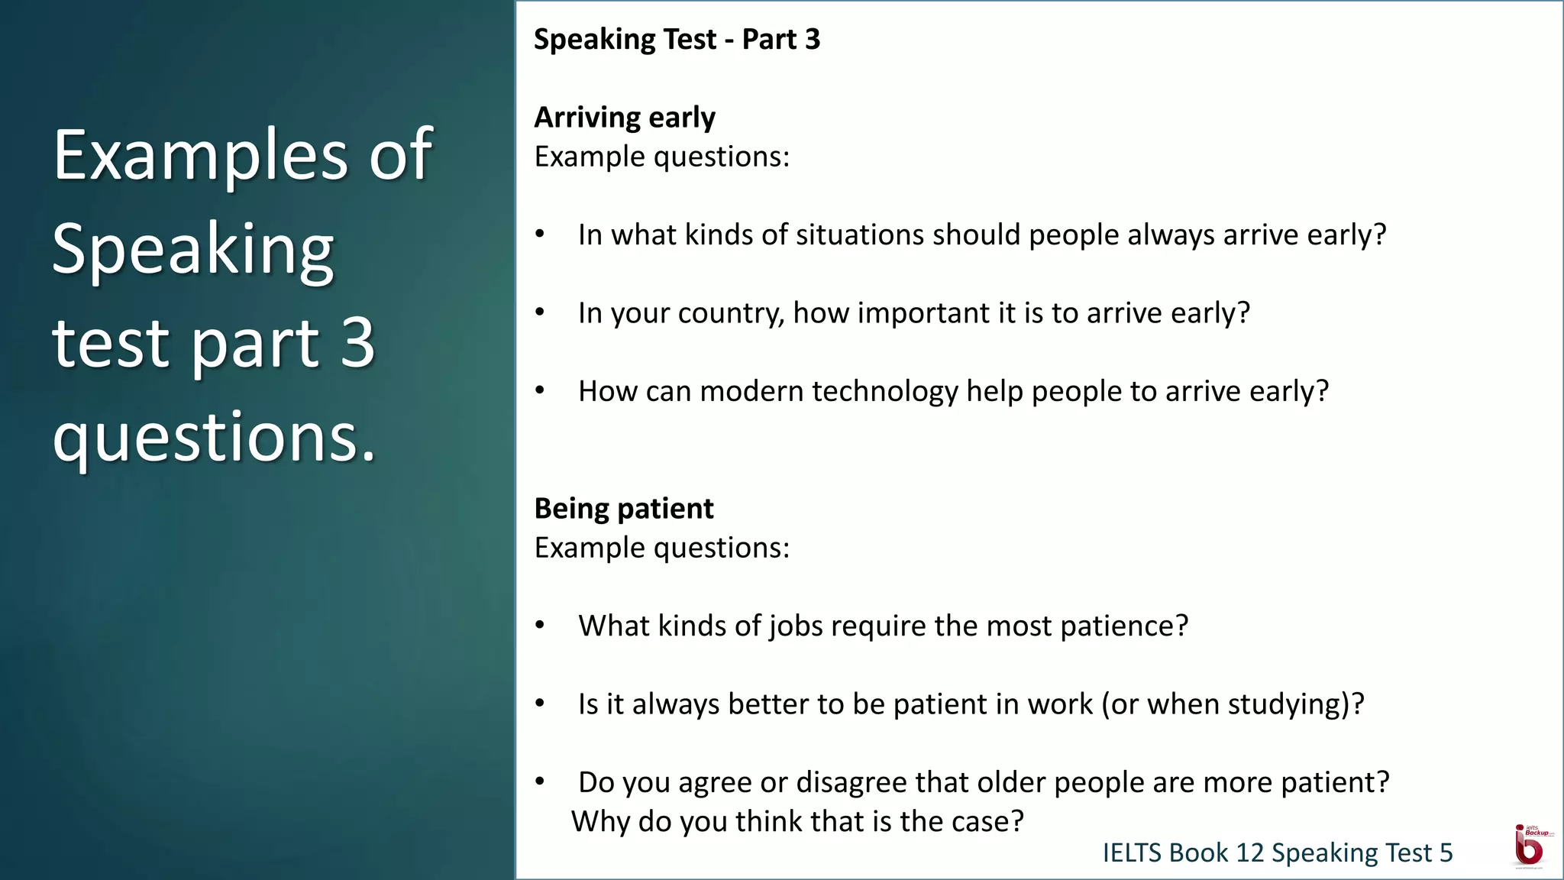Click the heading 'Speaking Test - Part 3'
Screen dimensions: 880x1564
pos(677,40)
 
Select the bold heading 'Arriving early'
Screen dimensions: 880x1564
pos(625,118)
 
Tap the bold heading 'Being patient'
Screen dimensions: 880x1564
pos(624,509)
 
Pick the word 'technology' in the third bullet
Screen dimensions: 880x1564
pos(884,392)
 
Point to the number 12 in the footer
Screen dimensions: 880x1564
pos(1249,853)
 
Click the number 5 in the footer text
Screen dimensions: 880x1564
pos(1446,853)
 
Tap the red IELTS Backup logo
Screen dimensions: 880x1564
pos(1530,846)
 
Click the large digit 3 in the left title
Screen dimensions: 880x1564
pos(357,343)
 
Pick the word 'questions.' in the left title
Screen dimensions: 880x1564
pos(215,438)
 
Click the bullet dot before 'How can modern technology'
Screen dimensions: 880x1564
pos(540,390)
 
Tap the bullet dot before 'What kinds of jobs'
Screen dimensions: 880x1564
pos(540,625)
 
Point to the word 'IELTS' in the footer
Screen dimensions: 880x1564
pos(1131,853)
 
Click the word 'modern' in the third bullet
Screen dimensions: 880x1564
pos(751,392)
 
